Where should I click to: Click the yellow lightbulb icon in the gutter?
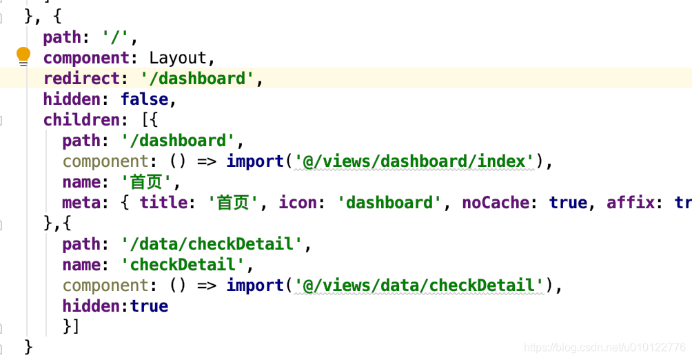(x=23, y=56)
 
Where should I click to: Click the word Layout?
(x=178, y=58)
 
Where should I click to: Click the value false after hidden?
(x=145, y=99)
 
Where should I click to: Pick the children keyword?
(x=81, y=120)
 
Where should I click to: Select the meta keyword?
(x=81, y=203)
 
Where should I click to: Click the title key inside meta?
(x=163, y=203)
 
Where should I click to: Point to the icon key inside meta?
(x=298, y=203)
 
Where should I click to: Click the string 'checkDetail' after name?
(x=183, y=265)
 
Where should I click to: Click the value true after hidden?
(x=150, y=306)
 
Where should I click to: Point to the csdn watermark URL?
(x=604, y=347)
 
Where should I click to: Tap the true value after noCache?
(x=568, y=203)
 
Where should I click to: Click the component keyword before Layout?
(x=86, y=58)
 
